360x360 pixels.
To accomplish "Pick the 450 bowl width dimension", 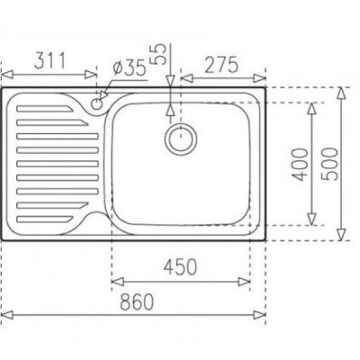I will (x=181, y=268).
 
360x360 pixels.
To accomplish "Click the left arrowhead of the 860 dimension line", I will (x=5, y=314).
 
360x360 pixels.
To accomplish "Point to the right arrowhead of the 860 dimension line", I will (x=265, y=314).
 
